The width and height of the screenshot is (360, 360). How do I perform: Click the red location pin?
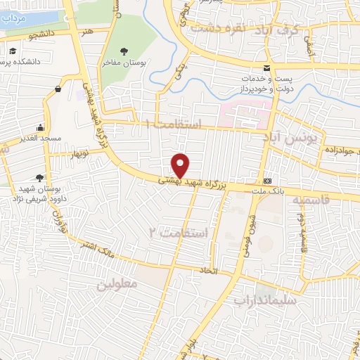[x=181, y=165]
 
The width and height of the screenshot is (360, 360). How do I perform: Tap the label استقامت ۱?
[x=173, y=124]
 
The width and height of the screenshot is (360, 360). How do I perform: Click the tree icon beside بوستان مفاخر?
[x=124, y=51]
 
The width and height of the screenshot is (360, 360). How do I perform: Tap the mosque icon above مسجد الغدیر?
[x=40, y=127]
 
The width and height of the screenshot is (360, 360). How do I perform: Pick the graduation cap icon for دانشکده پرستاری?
[x=13, y=51]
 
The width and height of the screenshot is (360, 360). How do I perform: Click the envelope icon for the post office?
[x=266, y=68]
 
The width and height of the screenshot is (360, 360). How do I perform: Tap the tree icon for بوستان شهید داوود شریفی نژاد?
[x=39, y=178]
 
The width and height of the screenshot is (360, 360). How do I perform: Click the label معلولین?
[x=116, y=285]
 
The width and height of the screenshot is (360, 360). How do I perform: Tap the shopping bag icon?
[x=57, y=89]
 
